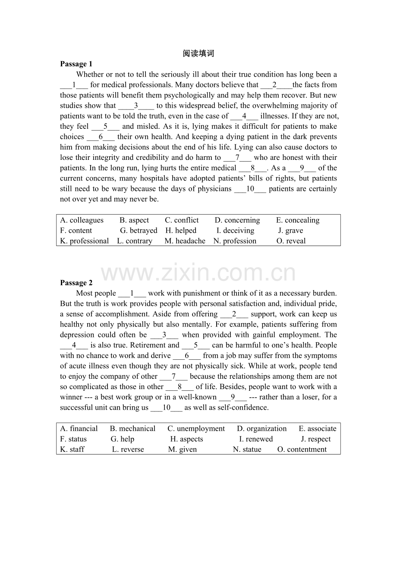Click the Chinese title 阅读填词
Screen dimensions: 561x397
[198, 53]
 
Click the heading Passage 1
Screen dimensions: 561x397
[76, 64]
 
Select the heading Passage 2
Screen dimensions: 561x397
[76, 283]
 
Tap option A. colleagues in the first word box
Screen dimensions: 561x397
[82, 220]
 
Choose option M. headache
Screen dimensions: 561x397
[185, 241]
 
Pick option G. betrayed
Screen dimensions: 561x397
[139, 231]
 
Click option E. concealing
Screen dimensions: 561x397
[298, 220]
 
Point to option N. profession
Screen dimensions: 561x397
[235, 241]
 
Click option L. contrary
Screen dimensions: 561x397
[135, 241]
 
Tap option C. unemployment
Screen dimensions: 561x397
[196, 429]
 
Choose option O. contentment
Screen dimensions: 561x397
[302, 449]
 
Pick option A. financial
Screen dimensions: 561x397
[79, 429]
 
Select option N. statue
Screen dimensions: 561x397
[247, 449]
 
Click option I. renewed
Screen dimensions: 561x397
[256, 439]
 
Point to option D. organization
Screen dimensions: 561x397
[262, 429]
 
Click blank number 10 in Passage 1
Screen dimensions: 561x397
[250, 189]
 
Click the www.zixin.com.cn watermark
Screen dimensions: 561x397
[198, 273]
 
